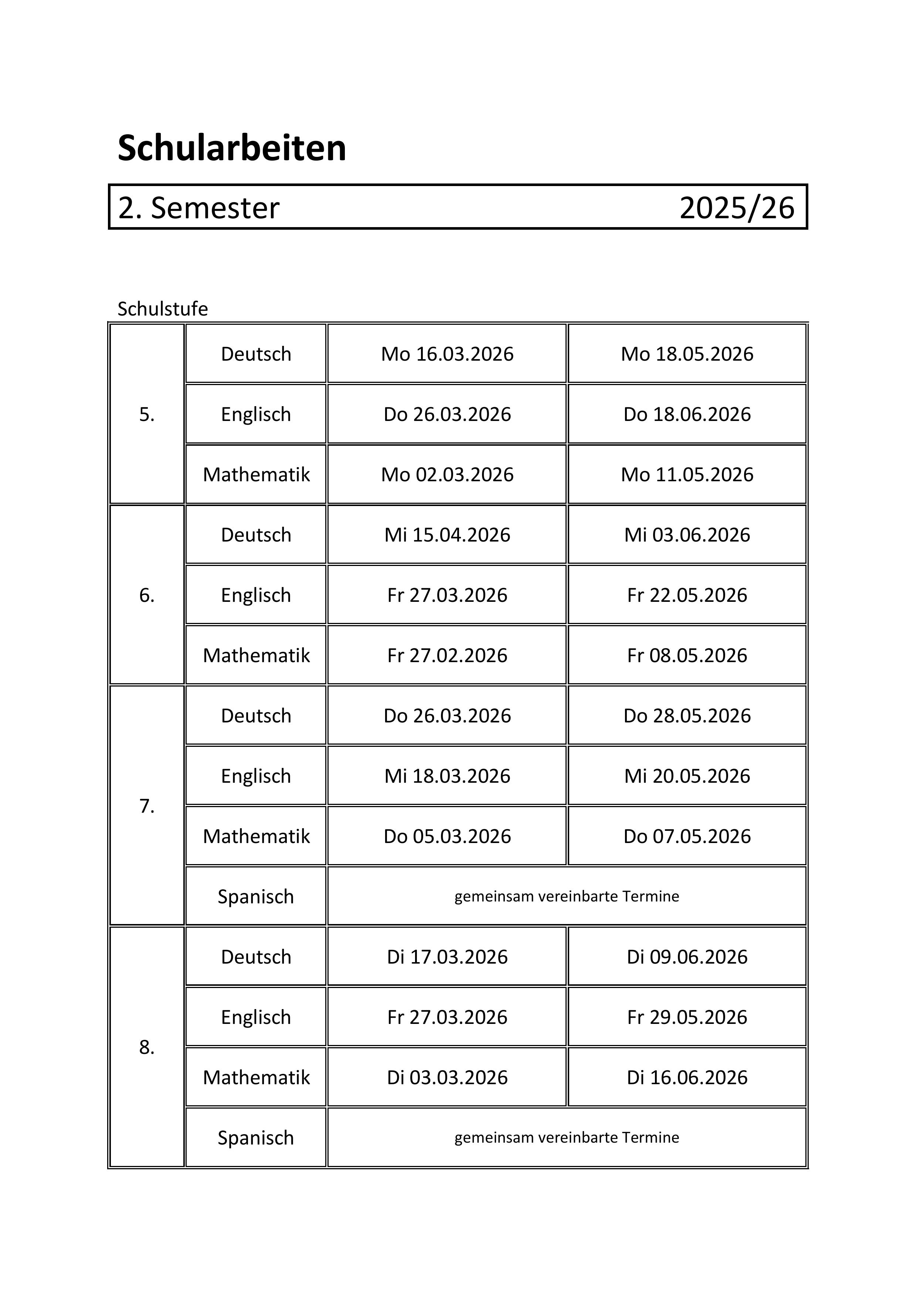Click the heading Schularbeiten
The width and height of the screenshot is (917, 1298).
click(232, 148)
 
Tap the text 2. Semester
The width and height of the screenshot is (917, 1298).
click(198, 208)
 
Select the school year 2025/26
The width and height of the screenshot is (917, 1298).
click(737, 208)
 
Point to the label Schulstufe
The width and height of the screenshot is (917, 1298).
click(163, 309)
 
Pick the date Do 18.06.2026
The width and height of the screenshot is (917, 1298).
click(687, 414)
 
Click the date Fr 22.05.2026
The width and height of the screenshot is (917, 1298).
click(687, 595)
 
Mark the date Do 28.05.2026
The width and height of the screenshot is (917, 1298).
click(687, 716)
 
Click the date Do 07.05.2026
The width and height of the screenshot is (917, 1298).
click(687, 836)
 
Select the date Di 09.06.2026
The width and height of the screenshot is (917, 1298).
click(687, 957)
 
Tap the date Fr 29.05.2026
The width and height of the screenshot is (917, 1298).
click(687, 1017)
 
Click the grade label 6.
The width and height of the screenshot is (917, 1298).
click(147, 595)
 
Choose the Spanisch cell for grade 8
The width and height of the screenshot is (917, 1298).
click(256, 1137)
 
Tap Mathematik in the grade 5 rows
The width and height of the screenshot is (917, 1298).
click(256, 474)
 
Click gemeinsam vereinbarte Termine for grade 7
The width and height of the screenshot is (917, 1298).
click(567, 896)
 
